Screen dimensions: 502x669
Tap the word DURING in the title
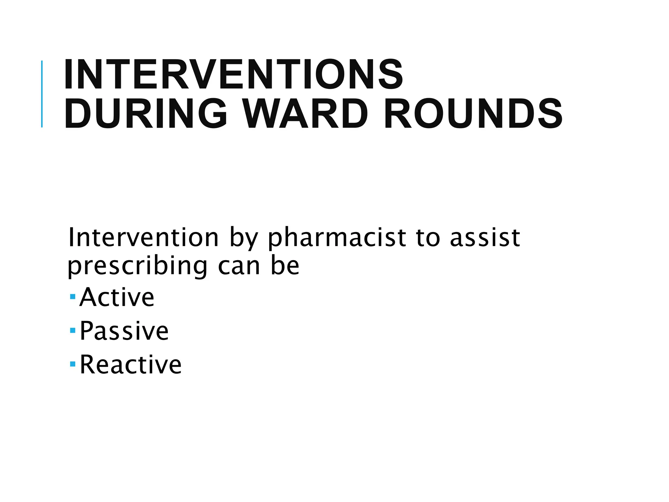(146, 114)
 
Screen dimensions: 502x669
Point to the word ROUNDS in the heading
(473, 114)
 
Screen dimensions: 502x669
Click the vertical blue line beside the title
(42, 94)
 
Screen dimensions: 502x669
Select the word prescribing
(137, 266)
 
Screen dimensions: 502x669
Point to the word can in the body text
(239, 266)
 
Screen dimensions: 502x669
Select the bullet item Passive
(124, 331)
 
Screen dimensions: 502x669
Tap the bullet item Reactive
(131, 364)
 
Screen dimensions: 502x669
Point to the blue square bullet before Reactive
(73, 364)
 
